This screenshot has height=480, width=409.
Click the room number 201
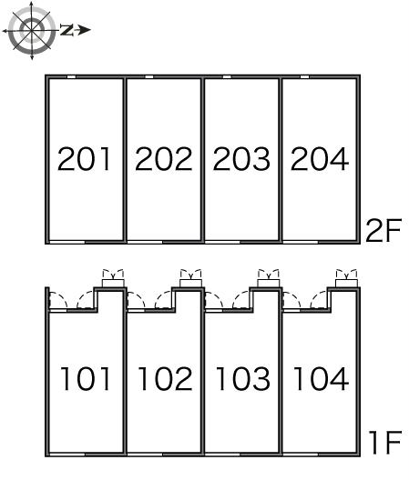(84, 159)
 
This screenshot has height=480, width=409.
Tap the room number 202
(164, 159)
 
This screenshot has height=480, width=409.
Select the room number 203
(241, 159)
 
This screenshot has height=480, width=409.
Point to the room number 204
(320, 159)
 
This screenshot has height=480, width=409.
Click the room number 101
(86, 378)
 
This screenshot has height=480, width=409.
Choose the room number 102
(166, 378)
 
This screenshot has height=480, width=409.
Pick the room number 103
(243, 378)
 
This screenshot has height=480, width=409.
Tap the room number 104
(321, 378)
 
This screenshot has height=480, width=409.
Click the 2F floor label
(383, 230)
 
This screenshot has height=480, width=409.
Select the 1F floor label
(385, 443)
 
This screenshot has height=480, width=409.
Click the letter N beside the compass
(66, 30)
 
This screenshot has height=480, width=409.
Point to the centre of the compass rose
(32, 31)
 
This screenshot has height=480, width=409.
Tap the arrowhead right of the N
(84, 30)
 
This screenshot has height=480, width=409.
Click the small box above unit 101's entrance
(113, 283)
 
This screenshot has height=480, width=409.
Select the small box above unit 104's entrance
(347, 283)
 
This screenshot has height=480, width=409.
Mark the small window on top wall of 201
(71, 77)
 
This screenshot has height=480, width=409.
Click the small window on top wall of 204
(304, 77)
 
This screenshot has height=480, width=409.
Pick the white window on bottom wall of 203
(223, 242)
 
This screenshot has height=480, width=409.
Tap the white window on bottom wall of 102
(145, 455)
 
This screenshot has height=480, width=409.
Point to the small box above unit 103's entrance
(269, 283)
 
